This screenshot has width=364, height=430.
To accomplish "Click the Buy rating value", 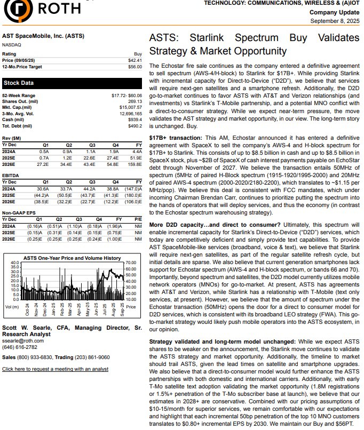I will (138, 54).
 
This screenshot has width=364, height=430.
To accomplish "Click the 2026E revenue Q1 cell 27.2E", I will (43, 164).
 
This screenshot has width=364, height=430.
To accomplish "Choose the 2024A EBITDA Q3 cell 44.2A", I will (89, 189).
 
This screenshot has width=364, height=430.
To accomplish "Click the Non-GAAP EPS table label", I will (19, 212).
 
